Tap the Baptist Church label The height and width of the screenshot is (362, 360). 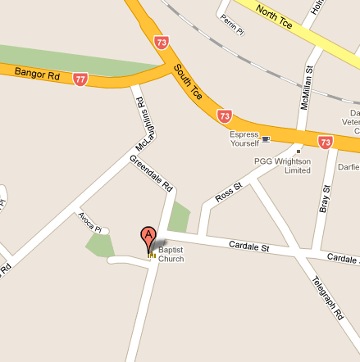coord(171,254)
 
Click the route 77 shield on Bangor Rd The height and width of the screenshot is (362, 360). coord(80,79)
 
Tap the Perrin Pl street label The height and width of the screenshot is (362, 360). coord(234,19)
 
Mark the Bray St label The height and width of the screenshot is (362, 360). coord(326,199)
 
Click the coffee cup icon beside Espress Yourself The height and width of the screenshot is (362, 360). coord(265,138)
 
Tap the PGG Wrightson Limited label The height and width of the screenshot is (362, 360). coord(282,165)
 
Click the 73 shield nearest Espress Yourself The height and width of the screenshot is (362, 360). coord(226,116)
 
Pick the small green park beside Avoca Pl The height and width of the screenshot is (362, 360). coord(99,245)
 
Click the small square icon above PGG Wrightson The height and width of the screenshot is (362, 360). coord(298,151)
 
